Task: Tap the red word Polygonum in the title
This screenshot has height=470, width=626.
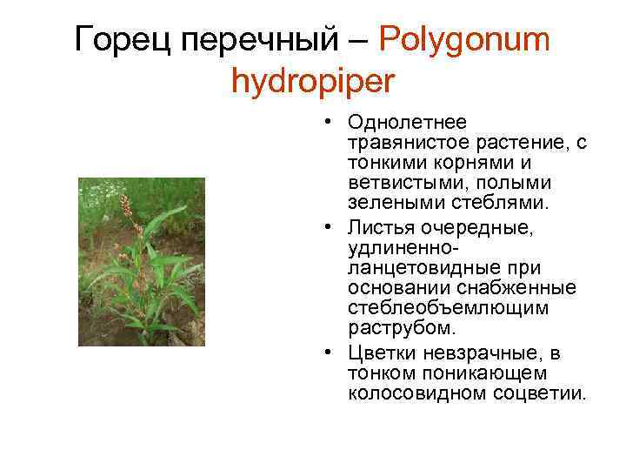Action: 465,40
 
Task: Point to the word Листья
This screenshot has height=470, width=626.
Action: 382,228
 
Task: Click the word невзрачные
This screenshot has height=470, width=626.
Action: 481,353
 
